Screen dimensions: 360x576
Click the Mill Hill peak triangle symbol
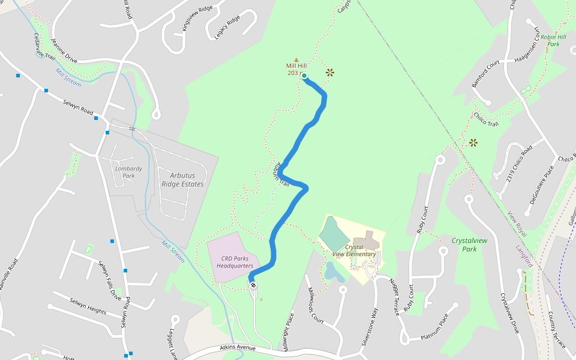click(296, 59)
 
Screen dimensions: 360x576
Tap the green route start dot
click(304, 76)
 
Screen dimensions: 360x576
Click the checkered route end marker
click(253, 285)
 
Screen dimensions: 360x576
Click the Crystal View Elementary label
click(355, 250)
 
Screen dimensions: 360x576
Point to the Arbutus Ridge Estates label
click(182, 179)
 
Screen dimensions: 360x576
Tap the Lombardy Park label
click(128, 172)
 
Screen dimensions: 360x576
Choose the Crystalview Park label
click(469, 244)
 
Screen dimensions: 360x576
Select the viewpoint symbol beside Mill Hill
click(329, 73)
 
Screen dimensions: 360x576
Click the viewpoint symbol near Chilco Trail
click(473, 142)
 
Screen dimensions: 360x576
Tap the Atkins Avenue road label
click(238, 347)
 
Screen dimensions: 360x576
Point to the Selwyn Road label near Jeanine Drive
click(79, 108)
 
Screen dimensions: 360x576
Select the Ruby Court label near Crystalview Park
click(422, 220)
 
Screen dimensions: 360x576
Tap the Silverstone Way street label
click(369, 325)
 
